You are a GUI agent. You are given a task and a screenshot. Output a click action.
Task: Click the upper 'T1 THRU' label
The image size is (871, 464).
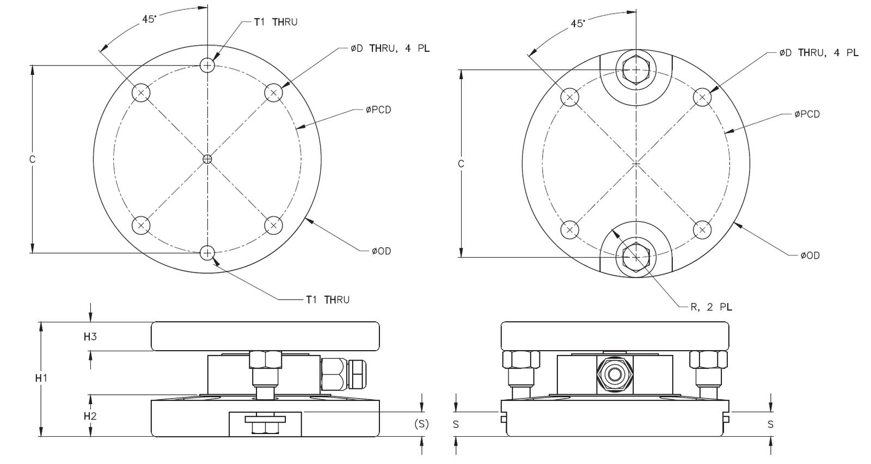click(x=275, y=22)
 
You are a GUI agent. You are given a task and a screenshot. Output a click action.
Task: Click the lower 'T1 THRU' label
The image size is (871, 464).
click(x=327, y=300)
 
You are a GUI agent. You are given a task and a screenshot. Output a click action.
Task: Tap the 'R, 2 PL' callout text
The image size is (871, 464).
click(x=711, y=307)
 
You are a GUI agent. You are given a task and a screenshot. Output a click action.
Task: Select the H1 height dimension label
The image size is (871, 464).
click(x=42, y=377)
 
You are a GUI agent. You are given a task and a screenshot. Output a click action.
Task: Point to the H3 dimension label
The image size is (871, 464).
click(x=90, y=337)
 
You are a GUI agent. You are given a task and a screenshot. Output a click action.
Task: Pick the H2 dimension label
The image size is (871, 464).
click(x=90, y=416)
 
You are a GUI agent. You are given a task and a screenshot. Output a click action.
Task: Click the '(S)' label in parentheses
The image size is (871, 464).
click(x=421, y=424)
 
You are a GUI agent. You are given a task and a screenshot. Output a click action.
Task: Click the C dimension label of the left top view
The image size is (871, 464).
click(x=32, y=160)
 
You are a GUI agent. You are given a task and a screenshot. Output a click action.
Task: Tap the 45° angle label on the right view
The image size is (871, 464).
click(x=578, y=23)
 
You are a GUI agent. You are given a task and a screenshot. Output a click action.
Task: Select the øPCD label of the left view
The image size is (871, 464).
click(x=378, y=110)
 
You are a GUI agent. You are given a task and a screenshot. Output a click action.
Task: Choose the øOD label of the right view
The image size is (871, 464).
click(x=810, y=255)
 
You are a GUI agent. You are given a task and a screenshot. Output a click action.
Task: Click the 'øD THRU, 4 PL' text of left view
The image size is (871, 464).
click(x=390, y=48)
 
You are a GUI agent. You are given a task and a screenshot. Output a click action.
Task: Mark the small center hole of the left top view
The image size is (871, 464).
click(x=207, y=159)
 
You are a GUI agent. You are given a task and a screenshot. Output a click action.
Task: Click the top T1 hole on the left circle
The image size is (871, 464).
click(x=207, y=65)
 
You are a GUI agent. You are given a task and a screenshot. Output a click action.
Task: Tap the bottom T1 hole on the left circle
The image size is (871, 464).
click(x=207, y=253)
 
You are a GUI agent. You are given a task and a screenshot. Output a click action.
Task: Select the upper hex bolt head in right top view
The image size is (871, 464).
click(x=636, y=70)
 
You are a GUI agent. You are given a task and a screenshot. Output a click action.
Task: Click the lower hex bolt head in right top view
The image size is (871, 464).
click(x=636, y=256)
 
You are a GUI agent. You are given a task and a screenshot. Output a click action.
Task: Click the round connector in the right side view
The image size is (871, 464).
click(x=615, y=375)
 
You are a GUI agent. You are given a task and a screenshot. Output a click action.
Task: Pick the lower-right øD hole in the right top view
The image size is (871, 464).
click(x=702, y=230)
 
